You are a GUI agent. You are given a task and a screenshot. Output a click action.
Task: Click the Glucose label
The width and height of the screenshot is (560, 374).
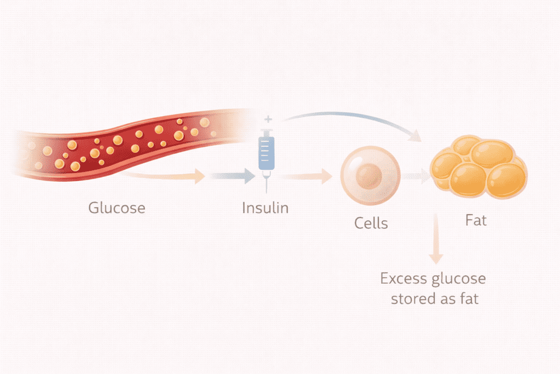tap(117, 208)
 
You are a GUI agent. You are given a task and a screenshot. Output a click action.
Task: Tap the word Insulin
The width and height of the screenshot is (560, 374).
tap(265, 208)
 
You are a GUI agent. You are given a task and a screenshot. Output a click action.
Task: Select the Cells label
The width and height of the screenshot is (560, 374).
tap(371, 223)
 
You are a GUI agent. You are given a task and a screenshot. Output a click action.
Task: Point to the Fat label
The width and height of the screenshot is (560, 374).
tap(476, 221)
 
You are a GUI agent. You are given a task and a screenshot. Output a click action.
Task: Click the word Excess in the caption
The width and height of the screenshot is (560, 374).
tap(404, 279)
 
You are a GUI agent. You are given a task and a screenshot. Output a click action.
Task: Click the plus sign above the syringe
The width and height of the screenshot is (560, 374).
tap(267, 118)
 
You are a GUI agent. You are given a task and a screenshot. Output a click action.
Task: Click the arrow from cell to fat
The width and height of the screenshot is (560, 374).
tap(417, 176)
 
